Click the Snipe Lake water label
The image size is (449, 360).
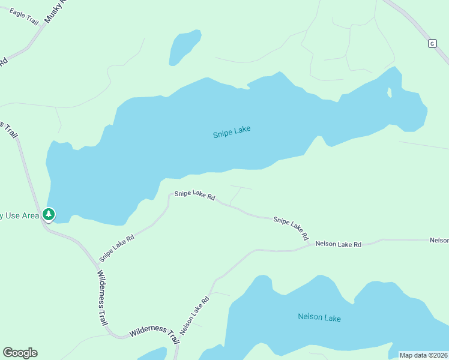pyautogui.click(x=232, y=131)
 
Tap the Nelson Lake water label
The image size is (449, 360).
pyautogui.click(x=319, y=317)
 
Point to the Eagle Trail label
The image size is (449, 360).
pyautogui.click(x=24, y=17)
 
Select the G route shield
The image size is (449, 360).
pyautogui.click(x=432, y=43)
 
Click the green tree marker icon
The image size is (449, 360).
pyautogui.click(x=48, y=214)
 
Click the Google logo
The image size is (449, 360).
pyautogui.click(x=20, y=353)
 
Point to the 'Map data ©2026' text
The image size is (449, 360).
pyautogui.click(x=424, y=355)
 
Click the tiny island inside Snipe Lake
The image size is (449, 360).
pyautogui.click(x=390, y=92)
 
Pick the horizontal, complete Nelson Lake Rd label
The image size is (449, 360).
pyautogui.click(x=339, y=244)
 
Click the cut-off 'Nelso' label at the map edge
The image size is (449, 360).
pyautogui.click(x=439, y=240)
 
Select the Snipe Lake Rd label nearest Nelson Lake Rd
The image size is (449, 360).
pyautogui.click(x=291, y=227)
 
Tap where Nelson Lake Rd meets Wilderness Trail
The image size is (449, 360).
pyautogui.click(x=179, y=343)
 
